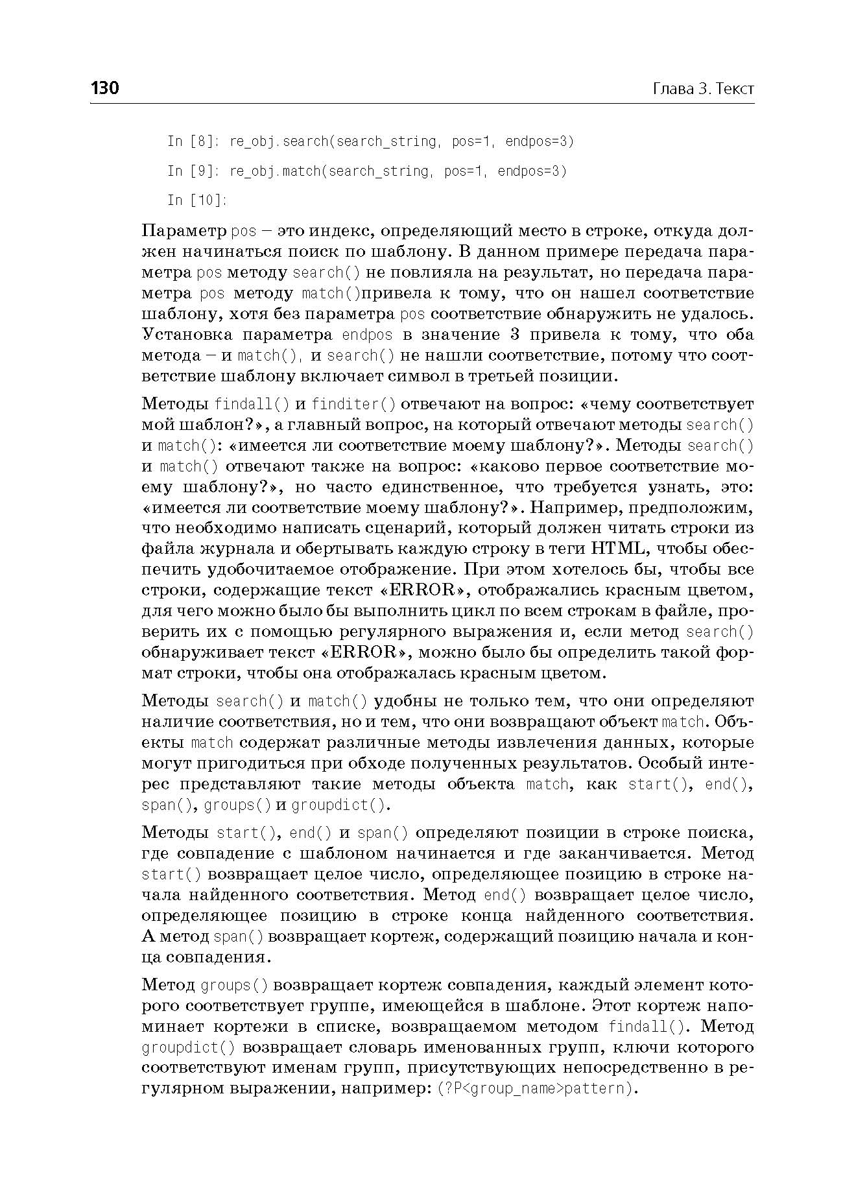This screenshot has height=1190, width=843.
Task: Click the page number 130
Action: [105, 88]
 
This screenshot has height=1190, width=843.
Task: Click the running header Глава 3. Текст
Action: [703, 89]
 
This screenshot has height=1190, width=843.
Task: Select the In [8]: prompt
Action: [194, 141]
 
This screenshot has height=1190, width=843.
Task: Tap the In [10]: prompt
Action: [197, 200]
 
